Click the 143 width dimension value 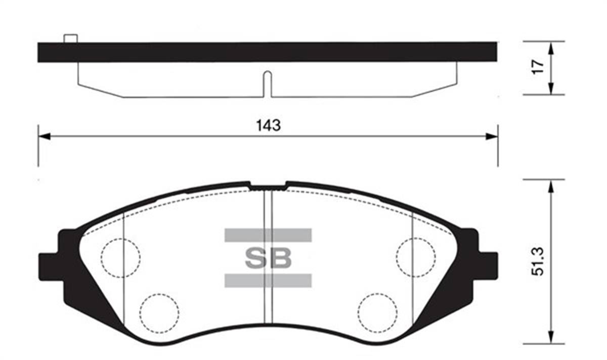(x=268, y=125)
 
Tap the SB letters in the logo (x=268, y=258)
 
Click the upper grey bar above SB (x=268, y=235)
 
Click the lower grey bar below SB (x=268, y=281)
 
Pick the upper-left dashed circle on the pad (x=120, y=258)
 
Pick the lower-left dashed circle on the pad (x=160, y=312)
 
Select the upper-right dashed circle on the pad (x=416, y=258)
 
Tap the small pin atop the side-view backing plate (x=70, y=38)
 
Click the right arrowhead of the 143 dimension (x=492, y=136)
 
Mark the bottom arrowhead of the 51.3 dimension (x=550, y=339)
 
